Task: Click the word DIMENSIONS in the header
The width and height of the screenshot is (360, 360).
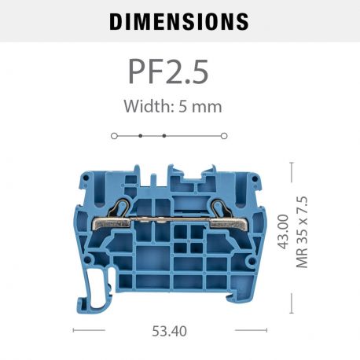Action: [x=179, y=21]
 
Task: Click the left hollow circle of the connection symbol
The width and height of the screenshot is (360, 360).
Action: [x=114, y=136]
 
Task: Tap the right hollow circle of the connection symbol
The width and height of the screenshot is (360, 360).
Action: [x=224, y=136]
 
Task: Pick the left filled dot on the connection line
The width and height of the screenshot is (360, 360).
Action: [x=141, y=136]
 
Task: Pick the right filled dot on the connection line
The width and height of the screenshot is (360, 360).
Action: [x=163, y=136]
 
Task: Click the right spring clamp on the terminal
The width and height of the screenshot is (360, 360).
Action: [x=219, y=213]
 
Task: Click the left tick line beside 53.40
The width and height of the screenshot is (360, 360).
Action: [x=89, y=330]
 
